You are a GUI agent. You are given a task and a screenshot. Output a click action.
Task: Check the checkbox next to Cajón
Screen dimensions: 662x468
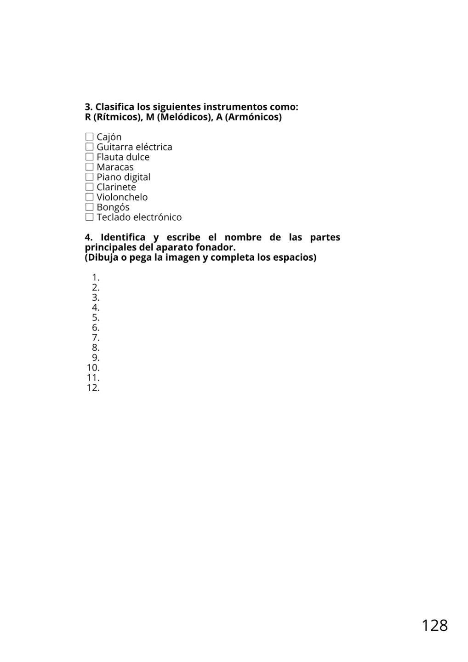coord(89,137)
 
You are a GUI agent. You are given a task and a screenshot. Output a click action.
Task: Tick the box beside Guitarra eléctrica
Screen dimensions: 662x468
coord(89,147)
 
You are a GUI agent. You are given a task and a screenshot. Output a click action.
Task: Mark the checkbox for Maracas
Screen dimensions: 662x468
coord(89,167)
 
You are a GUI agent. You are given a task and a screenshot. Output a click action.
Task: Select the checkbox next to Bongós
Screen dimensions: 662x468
coord(89,207)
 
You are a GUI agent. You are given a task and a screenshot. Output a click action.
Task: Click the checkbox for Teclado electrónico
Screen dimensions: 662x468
coord(89,217)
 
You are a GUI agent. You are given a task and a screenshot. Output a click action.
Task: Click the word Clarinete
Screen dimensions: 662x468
coord(116,187)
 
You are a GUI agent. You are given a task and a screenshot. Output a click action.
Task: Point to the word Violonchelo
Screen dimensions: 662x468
coord(122,197)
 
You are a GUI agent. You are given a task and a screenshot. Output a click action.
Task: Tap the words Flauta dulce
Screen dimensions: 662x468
coord(123,157)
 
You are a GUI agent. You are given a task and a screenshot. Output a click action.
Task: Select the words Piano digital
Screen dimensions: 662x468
coord(124,177)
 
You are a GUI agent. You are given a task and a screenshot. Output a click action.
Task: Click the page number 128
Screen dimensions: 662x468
coord(434,625)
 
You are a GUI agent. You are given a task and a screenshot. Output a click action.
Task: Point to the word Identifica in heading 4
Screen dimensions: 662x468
coord(123,237)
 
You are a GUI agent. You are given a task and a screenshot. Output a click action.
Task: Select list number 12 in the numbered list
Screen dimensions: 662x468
coord(93,388)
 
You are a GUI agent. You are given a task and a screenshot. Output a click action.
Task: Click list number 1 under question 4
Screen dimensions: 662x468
coord(96,277)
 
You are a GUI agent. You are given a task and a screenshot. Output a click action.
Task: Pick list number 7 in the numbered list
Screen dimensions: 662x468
coord(96,337)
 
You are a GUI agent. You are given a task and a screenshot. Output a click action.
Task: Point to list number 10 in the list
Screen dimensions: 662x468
coord(93,368)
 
